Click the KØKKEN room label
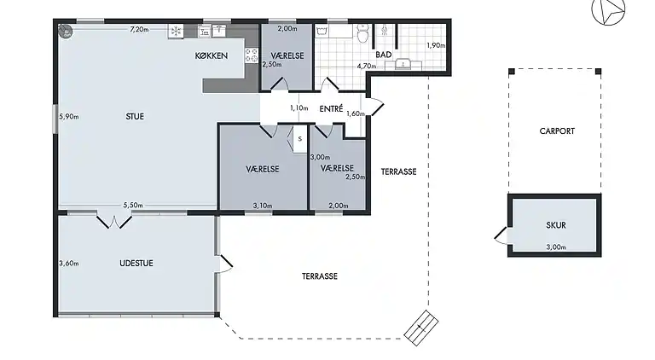212,55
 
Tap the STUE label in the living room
135,117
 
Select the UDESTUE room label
136,263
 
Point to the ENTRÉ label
331,108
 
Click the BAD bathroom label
384,55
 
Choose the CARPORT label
557,131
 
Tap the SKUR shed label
556,225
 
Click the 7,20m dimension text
139,29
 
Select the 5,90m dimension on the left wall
69,117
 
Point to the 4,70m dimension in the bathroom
367,66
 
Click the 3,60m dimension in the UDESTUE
69,263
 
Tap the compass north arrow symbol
609,10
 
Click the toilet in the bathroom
363,33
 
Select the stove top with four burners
252,55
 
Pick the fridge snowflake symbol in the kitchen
176,32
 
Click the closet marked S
299,139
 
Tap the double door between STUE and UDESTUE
114,221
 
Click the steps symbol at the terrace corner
421,328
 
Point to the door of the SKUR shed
501,235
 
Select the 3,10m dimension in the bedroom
263,206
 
